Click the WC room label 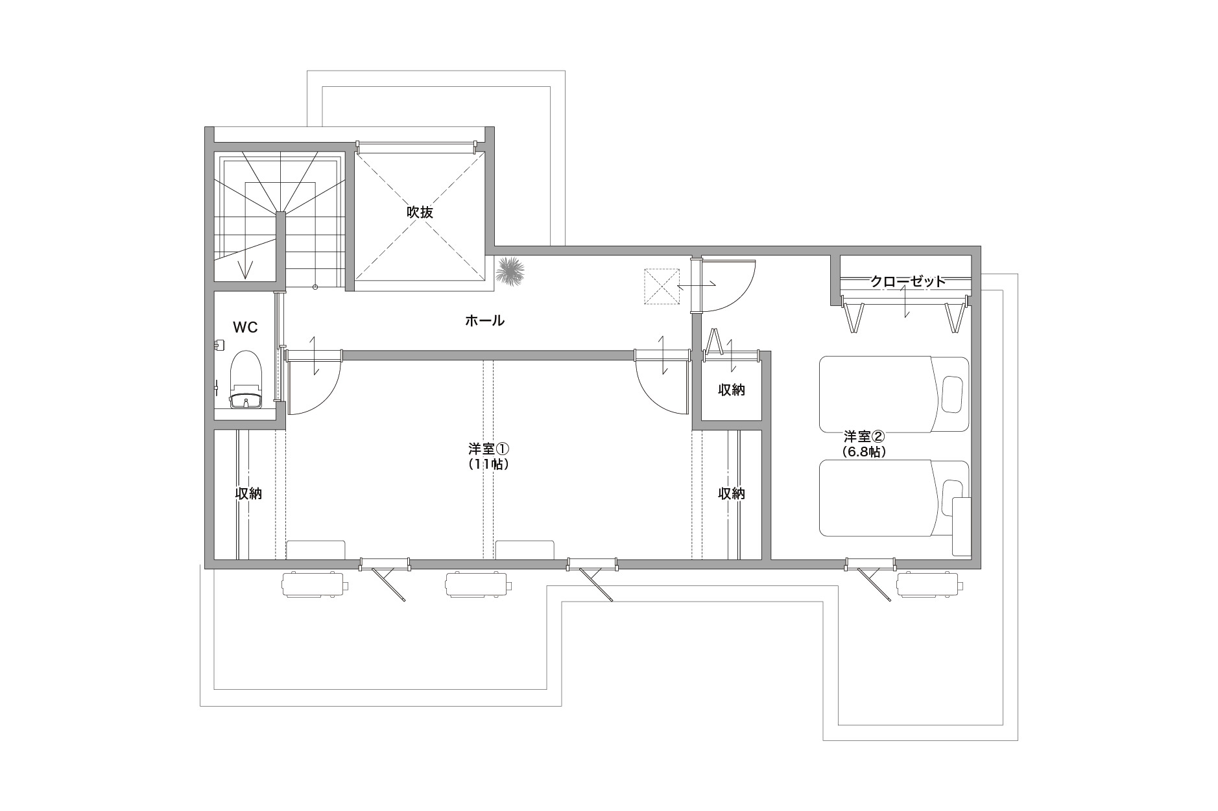point(245,327)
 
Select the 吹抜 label point(420,212)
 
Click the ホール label point(484,320)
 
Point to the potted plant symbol point(510,270)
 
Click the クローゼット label point(908,281)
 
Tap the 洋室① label point(490,449)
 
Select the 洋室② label point(864,436)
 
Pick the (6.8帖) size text point(864,452)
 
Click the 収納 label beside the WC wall point(248,493)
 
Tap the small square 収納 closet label point(732,390)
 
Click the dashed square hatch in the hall point(661,287)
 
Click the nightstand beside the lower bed point(961,526)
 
